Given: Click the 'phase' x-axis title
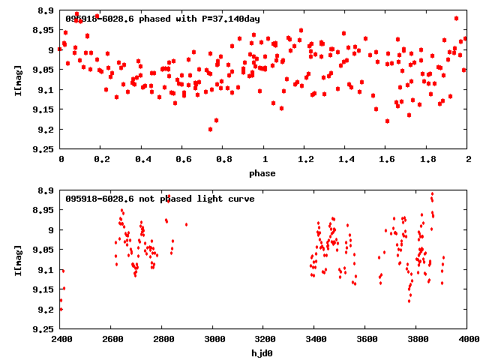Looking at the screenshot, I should coord(263,173).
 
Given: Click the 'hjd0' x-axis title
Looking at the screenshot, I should coord(263,352).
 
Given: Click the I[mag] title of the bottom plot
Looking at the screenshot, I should coord(16,259).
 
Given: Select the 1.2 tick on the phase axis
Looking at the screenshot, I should coord(305,159).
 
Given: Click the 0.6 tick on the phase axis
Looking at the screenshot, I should coord(183,159).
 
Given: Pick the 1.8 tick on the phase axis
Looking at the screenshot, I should coord(427,159).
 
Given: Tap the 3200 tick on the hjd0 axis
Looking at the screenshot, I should coord(264,339).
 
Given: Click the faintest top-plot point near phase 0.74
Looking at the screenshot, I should coord(211,129).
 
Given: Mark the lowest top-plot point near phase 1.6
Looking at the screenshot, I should coord(387,121).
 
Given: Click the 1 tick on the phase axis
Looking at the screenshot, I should coord(264,159).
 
